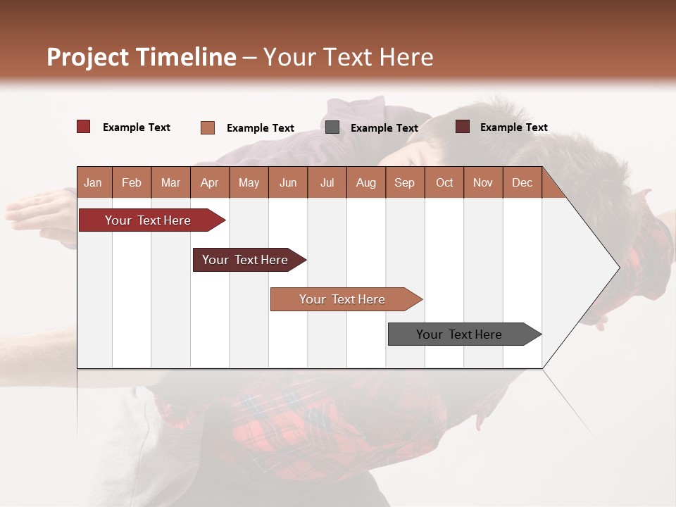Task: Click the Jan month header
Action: click(94, 182)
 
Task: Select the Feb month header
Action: click(132, 182)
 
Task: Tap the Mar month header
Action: click(170, 182)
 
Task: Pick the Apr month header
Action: click(210, 182)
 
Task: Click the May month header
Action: click(249, 182)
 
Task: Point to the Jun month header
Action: click(288, 182)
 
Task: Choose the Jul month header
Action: click(327, 182)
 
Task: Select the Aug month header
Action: click(366, 182)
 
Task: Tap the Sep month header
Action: click(405, 182)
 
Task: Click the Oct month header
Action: click(444, 182)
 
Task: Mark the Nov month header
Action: click(483, 182)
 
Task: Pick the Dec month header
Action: click(522, 182)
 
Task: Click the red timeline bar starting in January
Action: click(149, 220)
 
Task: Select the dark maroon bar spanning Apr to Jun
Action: click(246, 260)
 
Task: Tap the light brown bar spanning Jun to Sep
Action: click(343, 299)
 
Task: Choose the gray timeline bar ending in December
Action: click(460, 334)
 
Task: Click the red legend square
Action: click(84, 127)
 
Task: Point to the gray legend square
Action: click(332, 127)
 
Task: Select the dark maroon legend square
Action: click(463, 127)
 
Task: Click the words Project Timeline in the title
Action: click(142, 57)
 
